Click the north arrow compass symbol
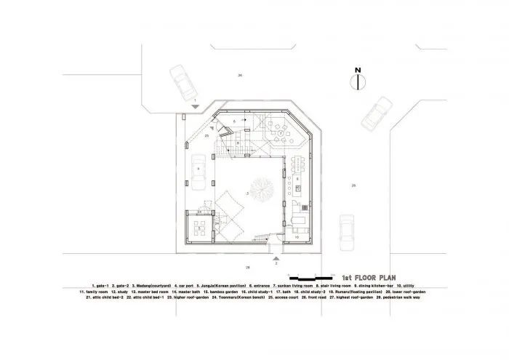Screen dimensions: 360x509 click(356, 82)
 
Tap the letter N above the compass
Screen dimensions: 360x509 click(356, 70)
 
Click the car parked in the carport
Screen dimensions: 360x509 click(198, 172)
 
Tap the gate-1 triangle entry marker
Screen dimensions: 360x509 click(194, 108)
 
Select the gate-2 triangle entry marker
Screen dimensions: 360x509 click(276, 256)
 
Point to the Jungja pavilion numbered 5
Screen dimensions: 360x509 click(199, 228)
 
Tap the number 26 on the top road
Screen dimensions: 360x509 click(239, 76)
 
